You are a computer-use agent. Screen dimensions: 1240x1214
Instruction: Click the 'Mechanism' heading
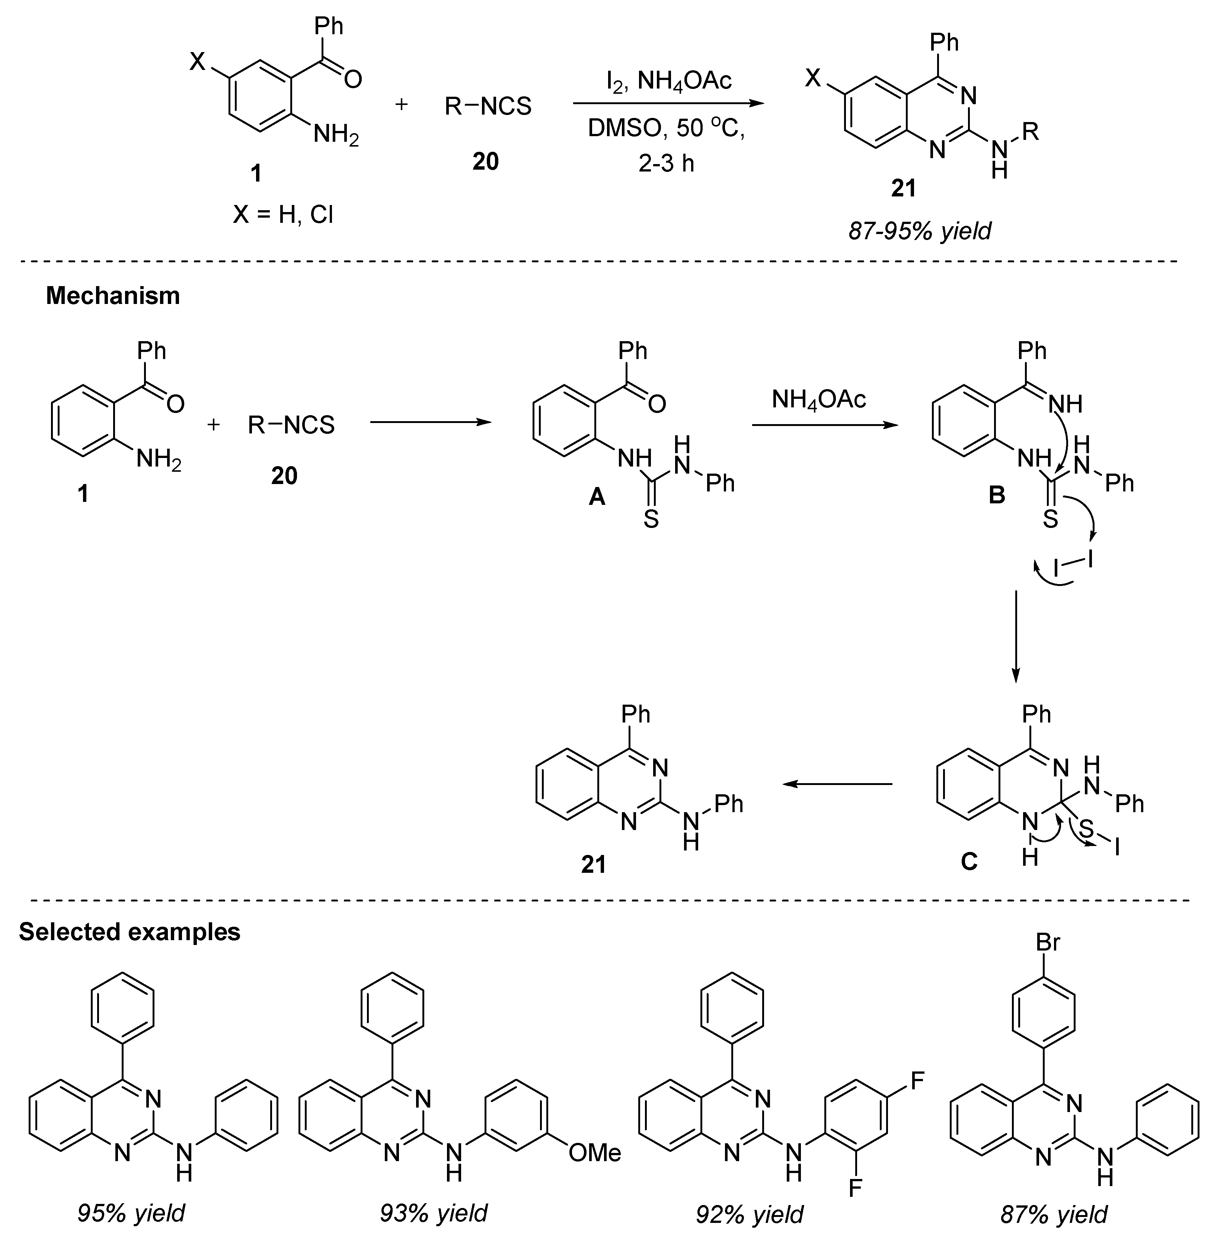113,296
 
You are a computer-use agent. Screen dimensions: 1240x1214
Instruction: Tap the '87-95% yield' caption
919,230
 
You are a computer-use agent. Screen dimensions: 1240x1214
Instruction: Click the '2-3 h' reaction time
666,164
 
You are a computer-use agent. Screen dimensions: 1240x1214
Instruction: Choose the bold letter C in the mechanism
968,862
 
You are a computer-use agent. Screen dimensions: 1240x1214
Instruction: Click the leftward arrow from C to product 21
837,784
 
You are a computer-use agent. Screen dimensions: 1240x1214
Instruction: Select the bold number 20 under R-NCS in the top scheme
485,161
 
